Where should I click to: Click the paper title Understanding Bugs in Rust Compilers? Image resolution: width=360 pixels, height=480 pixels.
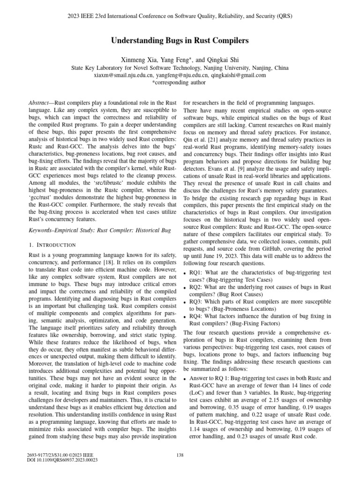pos(180,41)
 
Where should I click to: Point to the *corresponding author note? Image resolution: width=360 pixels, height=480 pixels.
pos(180,82)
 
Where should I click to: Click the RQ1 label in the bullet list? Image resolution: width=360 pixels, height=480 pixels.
pos(196,272)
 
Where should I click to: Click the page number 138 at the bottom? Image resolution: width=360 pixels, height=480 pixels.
pos(180,454)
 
